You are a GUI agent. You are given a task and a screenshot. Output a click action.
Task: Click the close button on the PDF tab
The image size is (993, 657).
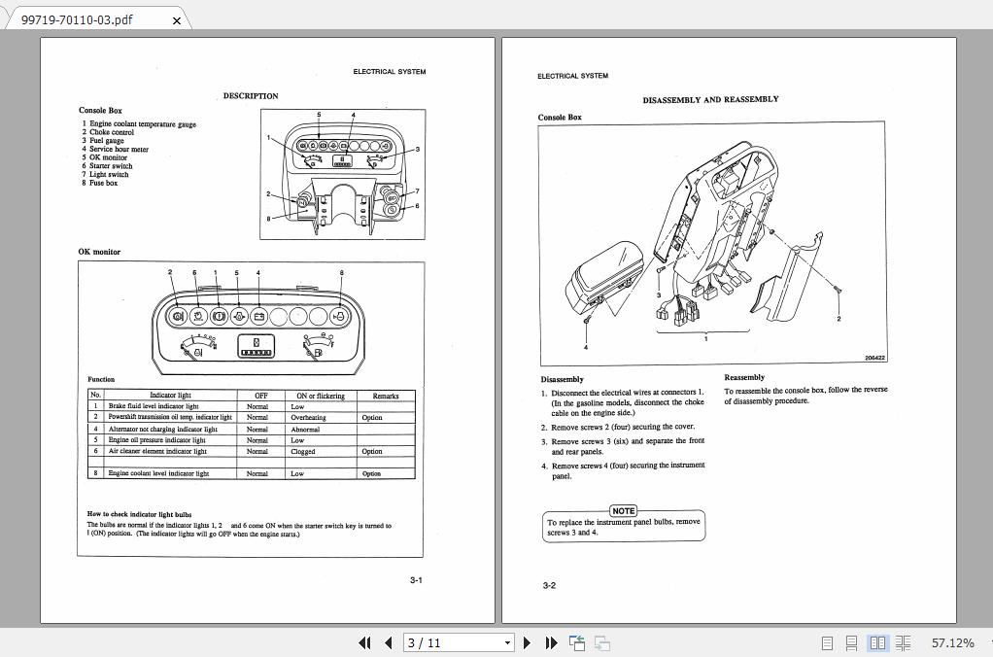(176, 19)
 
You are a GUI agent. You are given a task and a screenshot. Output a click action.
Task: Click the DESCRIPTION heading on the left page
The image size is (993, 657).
(251, 96)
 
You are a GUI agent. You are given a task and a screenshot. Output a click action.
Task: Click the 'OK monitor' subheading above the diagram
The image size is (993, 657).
(99, 252)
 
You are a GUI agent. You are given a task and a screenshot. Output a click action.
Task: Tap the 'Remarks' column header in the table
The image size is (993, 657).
(385, 396)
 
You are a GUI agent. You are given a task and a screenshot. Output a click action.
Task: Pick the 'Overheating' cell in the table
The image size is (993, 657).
(308, 417)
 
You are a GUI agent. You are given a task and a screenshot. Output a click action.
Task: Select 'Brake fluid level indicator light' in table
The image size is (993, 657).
(153, 406)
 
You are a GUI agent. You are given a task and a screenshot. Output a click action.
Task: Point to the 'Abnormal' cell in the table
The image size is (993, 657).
(305, 429)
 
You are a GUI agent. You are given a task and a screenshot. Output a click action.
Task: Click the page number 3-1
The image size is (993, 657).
(415, 580)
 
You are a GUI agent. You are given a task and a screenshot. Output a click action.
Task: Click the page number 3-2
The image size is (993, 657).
(549, 585)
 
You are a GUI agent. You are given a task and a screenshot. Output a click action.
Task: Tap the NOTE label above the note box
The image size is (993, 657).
(624, 510)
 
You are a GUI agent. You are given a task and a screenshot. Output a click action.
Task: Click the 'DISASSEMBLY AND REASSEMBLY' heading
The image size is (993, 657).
(710, 99)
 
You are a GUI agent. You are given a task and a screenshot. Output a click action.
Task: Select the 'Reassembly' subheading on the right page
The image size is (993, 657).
(744, 377)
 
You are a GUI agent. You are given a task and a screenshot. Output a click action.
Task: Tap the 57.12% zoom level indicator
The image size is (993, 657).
(952, 642)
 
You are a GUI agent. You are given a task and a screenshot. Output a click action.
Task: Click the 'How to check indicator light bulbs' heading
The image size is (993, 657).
(139, 514)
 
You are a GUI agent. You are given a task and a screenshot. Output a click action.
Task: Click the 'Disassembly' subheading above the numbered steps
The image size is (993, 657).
(563, 379)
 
